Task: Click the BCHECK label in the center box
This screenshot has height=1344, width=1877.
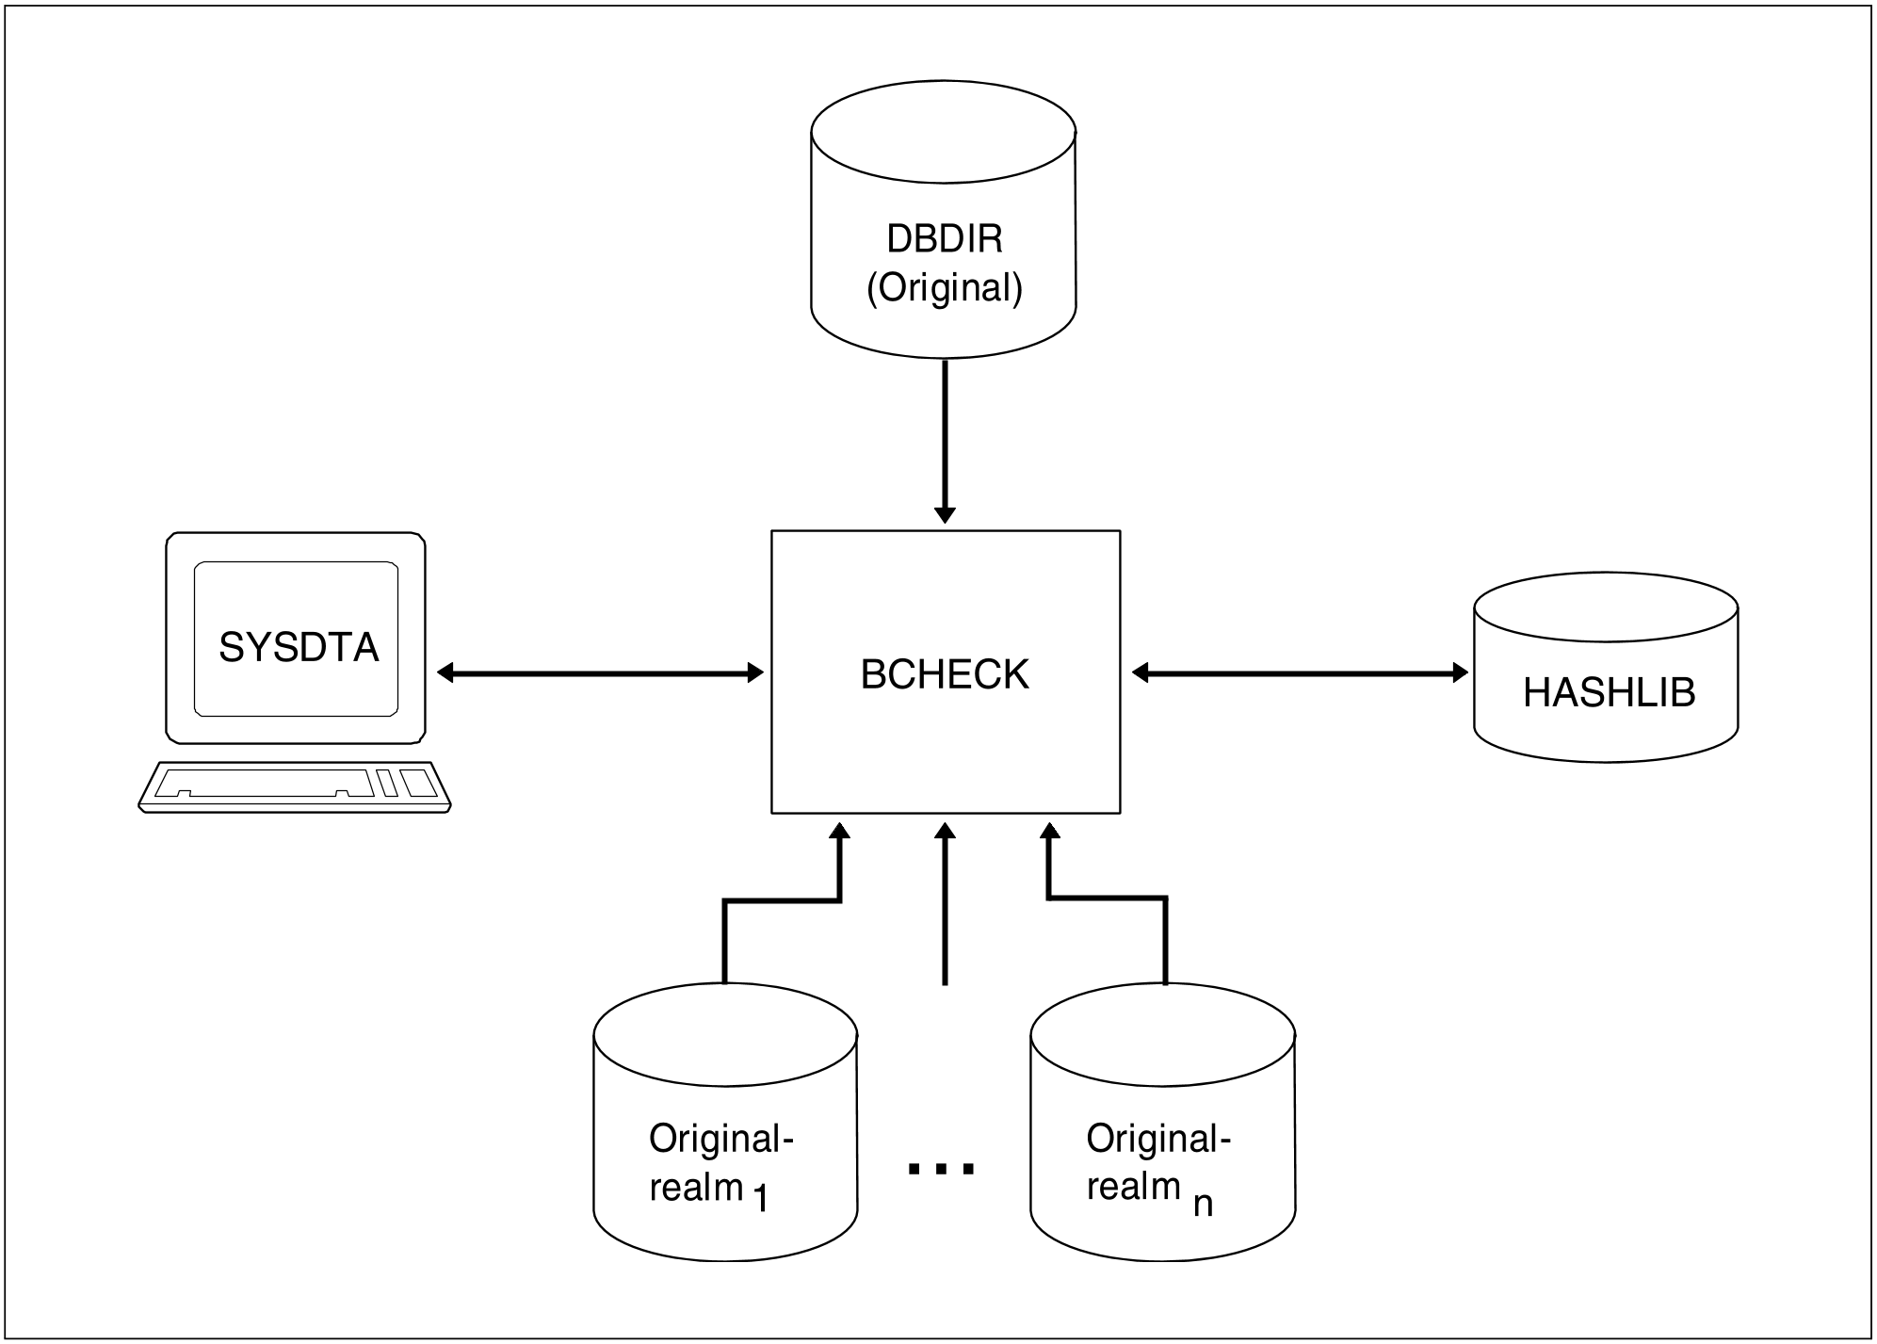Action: [x=945, y=674]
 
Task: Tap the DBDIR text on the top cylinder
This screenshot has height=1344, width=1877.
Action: [x=945, y=239]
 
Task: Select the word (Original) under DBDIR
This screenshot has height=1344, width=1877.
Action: [x=945, y=287]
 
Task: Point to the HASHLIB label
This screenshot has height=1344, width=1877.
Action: [x=1609, y=693]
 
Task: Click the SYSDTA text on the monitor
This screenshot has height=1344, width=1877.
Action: [x=299, y=648]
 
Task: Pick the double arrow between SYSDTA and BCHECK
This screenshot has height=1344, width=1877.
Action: [x=601, y=672]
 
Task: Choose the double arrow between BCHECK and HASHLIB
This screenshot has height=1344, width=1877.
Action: [x=1300, y=672]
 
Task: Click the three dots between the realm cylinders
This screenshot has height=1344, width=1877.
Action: [x=941, y=1169]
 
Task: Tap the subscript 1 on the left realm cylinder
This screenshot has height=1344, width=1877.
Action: [x=761, y=1198]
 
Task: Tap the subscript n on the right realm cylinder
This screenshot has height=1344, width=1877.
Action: [x=1203, y=1204]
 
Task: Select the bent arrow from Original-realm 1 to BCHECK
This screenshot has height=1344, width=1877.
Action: [x=782, y=901]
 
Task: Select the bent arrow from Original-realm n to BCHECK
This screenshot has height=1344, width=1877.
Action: [x=1107, y=898]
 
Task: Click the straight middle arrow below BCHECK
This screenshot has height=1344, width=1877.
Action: [x=945, y=904]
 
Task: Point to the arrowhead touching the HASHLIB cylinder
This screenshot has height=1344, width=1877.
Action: [x=1460, y=672]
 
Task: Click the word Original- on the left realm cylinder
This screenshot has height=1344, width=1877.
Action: [x=721, y=1139]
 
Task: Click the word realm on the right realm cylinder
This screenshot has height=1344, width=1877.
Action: [x=1133, y=1186]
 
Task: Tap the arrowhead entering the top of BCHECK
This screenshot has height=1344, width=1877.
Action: [x=945, y=514]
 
